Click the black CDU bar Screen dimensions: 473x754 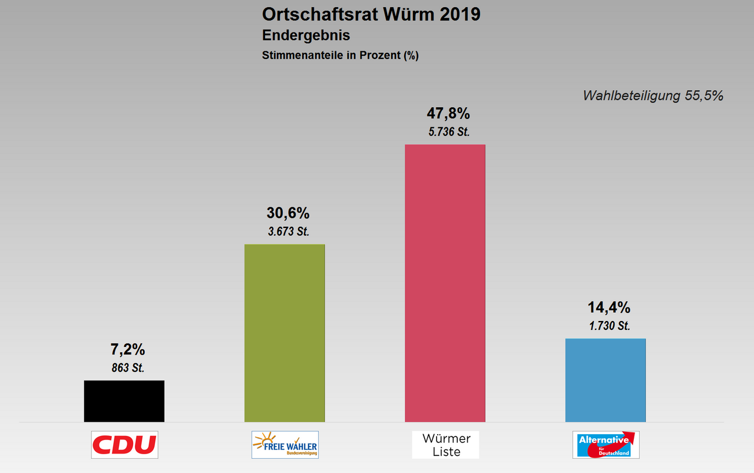point(124,401)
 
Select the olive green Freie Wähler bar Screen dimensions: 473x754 point(285,333)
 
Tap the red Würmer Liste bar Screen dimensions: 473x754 point(445,283)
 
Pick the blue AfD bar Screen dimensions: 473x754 point(606,380)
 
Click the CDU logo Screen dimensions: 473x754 point(124,445)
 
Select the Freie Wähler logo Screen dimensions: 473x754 point(285,445)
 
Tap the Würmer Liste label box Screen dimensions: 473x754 point(445,445)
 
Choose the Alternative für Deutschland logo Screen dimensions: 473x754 point(606,445)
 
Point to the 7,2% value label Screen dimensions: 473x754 point(127,349)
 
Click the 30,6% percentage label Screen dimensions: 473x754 point(288,213)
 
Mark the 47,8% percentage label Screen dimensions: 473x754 point(448,113)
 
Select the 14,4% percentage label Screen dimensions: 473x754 point(609,307)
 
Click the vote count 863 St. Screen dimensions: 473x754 point(127,368)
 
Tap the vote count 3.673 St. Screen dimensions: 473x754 point(288,232)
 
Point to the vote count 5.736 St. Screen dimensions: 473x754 point(448,132)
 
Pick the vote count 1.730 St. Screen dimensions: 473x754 point(609,326)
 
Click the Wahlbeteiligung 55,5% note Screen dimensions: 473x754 point(653,95)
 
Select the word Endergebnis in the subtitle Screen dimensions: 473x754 point(306,35)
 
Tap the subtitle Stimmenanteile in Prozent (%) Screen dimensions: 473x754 point(340,56)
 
